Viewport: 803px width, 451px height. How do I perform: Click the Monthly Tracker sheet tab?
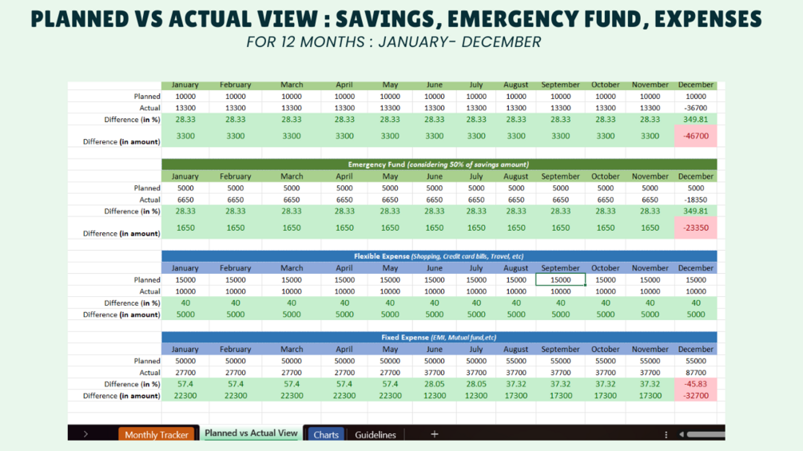click(x=157, y=435)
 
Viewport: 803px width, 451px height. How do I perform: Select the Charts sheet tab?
click(x=326, y=435)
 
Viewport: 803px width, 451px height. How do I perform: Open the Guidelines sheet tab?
click(x=376, y=435)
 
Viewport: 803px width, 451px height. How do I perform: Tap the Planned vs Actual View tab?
click(x=251, y=433)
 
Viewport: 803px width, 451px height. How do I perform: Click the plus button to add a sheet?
click(x=435, y=434)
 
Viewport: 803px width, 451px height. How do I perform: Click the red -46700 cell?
click(x=696, y=136)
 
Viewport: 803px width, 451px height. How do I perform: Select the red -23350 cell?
click(x=696, y=227)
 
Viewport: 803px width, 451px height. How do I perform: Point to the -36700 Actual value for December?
click(x=696, y=108)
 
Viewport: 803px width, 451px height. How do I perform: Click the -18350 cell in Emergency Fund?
click(x=696, y=200)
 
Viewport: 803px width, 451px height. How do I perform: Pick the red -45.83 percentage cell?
click(x=696, y=384)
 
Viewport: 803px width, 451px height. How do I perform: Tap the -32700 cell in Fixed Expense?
click(x=696, y=395)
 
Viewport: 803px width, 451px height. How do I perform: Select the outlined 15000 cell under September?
click(x=560, y=280)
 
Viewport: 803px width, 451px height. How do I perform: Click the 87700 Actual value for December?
click(x=696, y=373)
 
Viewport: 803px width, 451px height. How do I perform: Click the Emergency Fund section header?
click(x=438, y=164)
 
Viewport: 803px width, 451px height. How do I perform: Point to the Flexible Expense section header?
click(x=438, y=256)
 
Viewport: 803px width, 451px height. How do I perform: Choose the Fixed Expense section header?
click(x=438, y=338)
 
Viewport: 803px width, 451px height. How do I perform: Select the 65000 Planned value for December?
click(x=696, y=361)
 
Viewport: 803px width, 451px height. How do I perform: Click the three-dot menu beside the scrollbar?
click(x=666, y=435)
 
